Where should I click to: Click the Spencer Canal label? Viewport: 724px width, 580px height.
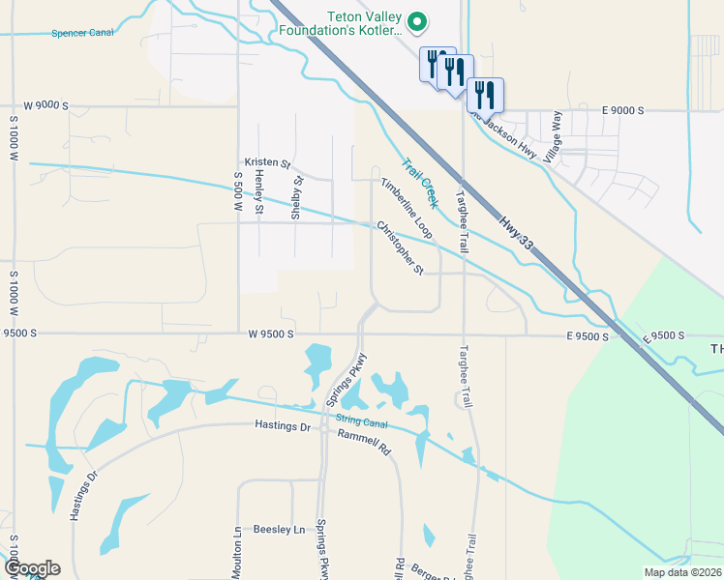[82, 33]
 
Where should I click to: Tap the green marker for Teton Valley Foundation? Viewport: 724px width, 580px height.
[417, 19]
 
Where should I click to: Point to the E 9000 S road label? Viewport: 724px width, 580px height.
[622, 111]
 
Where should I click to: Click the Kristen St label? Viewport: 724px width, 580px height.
[267, 163]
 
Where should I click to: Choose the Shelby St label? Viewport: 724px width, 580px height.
[298, 197]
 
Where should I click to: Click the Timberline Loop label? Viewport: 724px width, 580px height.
[407, 208]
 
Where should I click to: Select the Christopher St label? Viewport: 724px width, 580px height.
[400, 247]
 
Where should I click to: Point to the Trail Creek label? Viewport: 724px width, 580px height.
[420, 183]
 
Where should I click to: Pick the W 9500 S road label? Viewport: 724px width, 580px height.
[270, 334]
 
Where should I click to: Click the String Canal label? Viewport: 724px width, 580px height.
[361, 420]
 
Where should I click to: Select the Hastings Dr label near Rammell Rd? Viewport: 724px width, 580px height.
[282, 425]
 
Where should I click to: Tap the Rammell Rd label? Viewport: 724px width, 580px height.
[363, 443]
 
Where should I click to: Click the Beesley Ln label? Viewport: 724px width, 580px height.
[279, 530]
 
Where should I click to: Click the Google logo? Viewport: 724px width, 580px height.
[32, 568]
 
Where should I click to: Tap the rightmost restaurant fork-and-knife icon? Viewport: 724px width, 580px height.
[485, 95]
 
